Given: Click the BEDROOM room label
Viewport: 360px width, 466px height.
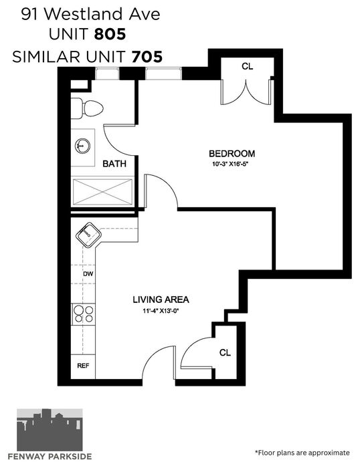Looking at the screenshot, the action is (x=232, y=154).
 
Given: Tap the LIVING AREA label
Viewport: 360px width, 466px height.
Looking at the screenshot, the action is (x=161, y=300).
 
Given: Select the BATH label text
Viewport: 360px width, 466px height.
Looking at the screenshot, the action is (x=114, y=164).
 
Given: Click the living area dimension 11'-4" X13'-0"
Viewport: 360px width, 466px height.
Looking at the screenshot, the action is (x=162, y=311).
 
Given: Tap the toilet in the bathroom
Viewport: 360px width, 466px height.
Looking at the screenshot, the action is (x=87, y=108).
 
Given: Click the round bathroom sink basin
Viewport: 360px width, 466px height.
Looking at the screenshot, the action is (x=82, y=146).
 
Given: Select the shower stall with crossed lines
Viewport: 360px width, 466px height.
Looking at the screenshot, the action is (x=102, y=192).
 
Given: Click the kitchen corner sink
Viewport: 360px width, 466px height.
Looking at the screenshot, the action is (x=88, y=235).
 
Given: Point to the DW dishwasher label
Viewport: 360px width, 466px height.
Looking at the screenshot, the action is (x=88, y=273).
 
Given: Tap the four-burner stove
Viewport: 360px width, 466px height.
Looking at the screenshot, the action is (x=84, y=314).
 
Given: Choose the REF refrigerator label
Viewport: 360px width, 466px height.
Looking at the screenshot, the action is (x=83, y=366).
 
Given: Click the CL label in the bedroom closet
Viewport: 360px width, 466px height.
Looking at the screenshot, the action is (x=247, y=66).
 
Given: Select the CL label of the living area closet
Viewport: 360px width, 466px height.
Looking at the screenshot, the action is (x=225, y=352).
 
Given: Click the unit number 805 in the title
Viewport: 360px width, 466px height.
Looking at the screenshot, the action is (x=110, y=34).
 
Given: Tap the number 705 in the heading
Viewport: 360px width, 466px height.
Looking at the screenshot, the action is (x=147, y=56).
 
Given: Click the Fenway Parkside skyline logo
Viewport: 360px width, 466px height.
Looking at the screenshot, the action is (x=50, y=430).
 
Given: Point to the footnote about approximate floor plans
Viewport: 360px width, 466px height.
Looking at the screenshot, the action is (x=302, y=453).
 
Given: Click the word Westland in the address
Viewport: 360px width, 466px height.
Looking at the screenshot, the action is (x=84, y=14).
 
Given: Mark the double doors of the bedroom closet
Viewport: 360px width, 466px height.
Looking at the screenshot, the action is (x=246, y=92).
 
